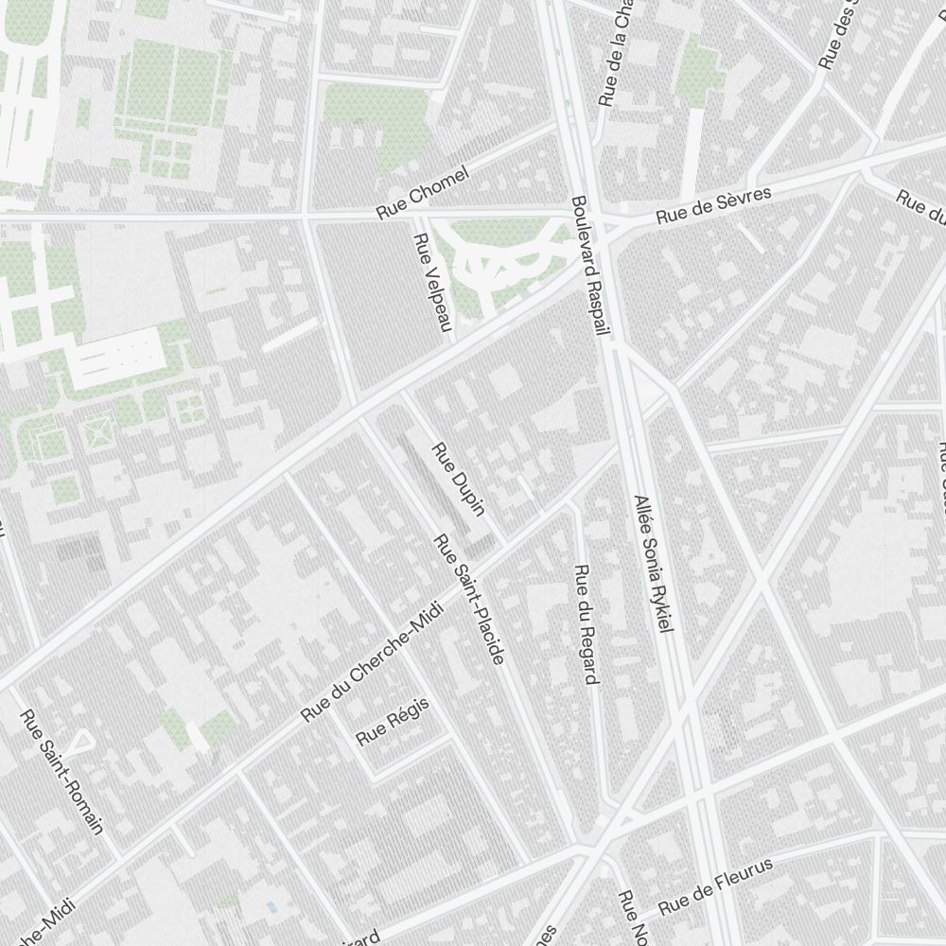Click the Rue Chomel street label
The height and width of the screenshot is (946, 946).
click(x=423, y=193)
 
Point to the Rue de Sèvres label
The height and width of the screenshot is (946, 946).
click(x=714, y=205)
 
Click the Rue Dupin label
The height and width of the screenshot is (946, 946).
click(x=459, y=480)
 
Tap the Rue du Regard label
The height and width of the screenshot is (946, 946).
click(x=587, y=624)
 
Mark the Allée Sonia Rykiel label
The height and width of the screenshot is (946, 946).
click(x=654, y=563)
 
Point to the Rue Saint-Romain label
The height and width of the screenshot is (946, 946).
click(x=62, y=771)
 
